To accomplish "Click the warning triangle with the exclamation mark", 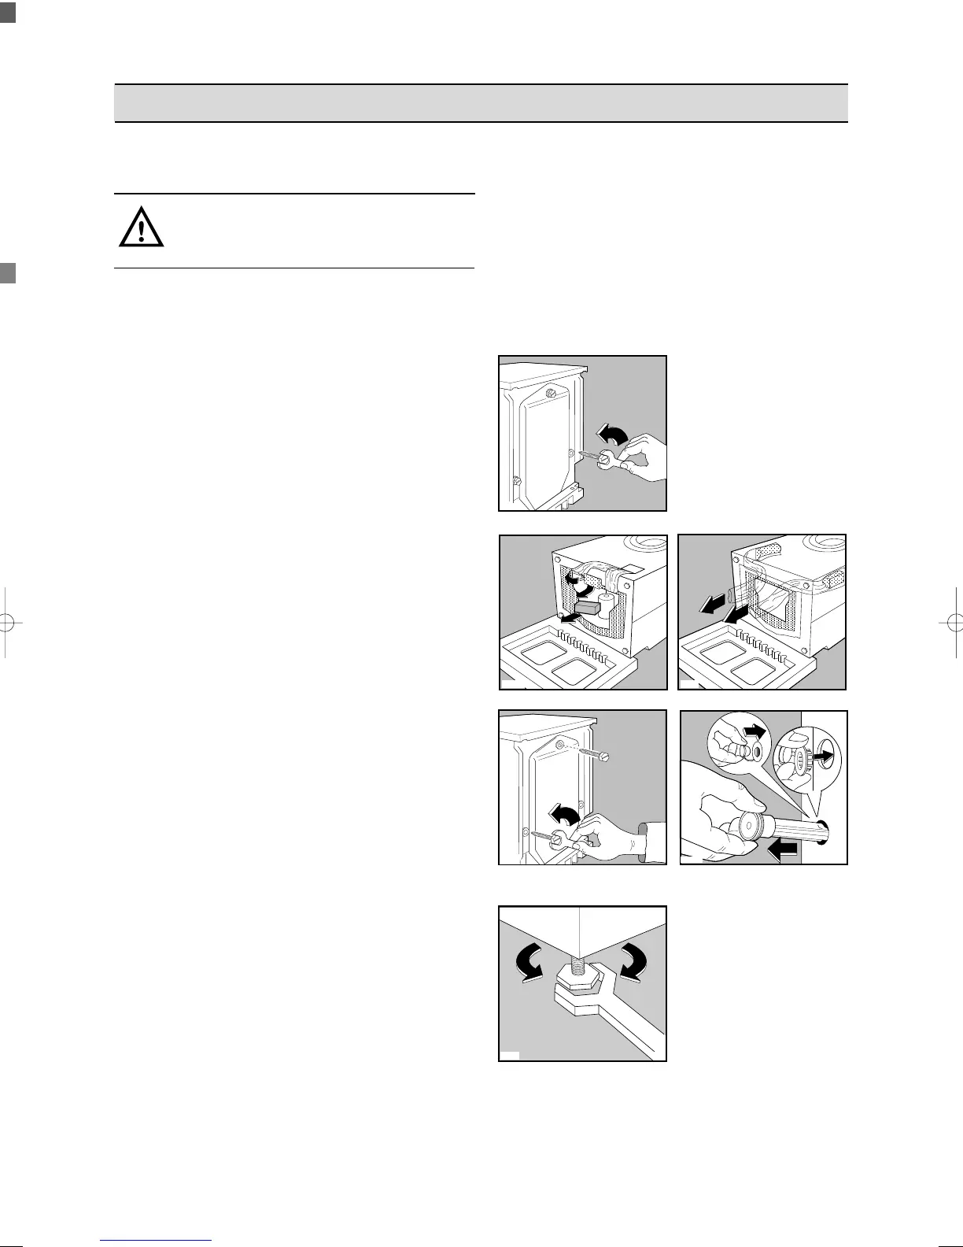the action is (142, 229).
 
